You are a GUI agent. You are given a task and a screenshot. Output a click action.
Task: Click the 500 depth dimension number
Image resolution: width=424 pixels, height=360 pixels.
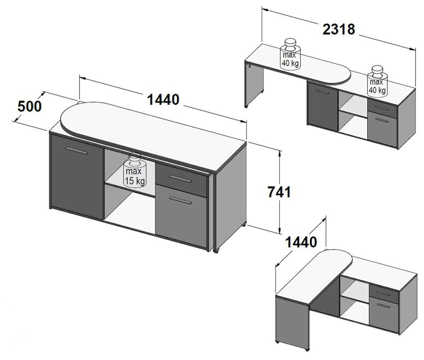29,106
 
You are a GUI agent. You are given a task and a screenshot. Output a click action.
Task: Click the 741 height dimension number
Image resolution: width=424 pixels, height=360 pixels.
279,192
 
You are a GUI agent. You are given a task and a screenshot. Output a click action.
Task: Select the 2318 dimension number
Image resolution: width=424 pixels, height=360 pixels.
339,30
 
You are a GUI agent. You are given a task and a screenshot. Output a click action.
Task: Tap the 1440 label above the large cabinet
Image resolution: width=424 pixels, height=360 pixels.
163,100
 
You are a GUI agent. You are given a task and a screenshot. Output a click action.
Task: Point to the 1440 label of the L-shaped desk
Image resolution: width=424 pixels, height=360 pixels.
301,242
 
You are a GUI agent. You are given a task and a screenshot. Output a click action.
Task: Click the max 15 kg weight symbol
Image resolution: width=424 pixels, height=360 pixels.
135,170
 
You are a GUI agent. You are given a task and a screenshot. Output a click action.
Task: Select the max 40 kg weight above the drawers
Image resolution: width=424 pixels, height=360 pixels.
377,81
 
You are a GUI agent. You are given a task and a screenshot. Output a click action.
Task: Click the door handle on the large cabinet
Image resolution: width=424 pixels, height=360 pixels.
77,150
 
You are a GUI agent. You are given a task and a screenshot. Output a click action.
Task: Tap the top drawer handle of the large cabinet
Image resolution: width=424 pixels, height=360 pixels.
180,179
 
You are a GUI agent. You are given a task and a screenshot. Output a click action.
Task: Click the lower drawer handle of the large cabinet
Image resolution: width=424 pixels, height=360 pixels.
180,200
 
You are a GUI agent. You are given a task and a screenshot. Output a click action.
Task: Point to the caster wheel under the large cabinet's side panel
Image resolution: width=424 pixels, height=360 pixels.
216,251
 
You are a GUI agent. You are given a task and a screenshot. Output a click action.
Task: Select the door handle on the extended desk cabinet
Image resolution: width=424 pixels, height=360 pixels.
322,91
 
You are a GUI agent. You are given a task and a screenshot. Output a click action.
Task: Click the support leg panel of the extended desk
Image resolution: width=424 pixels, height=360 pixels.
254,84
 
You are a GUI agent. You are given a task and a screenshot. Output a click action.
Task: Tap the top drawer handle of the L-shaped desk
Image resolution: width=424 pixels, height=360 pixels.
383,293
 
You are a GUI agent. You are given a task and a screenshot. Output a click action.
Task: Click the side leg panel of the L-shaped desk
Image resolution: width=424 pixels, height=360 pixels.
292,323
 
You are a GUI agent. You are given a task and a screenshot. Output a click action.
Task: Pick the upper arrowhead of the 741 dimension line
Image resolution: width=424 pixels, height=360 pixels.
279,153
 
